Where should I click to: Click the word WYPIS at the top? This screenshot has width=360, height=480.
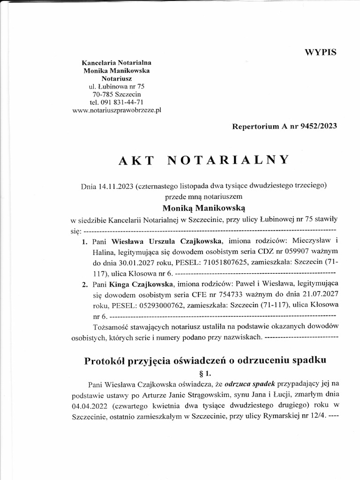(x=321, y=52)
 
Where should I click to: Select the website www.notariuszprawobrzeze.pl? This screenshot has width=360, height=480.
(x=118, y=110)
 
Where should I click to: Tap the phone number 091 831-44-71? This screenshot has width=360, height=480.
(x=124, y=102)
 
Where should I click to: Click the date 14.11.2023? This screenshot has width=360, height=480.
(x=114, y=186)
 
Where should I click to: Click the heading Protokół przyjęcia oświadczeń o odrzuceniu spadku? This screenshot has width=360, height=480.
(x=205, y=361)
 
